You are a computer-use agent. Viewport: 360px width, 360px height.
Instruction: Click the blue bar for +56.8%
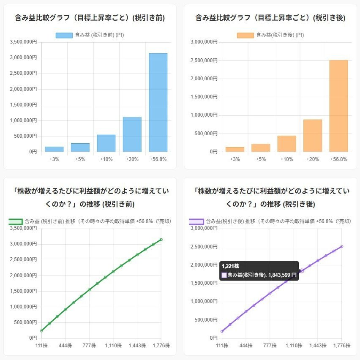158,102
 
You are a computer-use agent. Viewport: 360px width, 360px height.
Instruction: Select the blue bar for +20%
132,134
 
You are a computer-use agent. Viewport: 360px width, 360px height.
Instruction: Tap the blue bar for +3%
54,149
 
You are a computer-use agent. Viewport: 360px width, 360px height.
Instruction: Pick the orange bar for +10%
286,144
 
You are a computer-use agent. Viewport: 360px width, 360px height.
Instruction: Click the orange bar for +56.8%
338,106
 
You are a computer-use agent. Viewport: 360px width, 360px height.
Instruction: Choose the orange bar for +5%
261,148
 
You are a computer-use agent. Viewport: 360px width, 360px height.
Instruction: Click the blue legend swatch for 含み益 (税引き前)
64,35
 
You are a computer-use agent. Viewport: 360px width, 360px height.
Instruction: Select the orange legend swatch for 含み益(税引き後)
245,35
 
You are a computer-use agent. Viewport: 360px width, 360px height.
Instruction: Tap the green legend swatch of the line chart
16,221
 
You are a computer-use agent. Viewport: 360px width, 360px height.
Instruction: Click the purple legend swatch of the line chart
196,221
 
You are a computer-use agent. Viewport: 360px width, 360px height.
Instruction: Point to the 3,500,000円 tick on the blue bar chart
26,42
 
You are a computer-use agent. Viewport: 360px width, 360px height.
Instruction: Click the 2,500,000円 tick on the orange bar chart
204,60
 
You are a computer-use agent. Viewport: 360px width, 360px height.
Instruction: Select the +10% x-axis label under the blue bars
106,159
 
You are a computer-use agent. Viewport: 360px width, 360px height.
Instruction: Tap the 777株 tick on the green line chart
89,346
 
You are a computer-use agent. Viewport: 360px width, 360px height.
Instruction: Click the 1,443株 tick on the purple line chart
318,346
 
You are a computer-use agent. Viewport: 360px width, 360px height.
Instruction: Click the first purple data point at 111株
222,331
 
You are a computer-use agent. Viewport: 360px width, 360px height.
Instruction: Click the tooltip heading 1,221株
230,266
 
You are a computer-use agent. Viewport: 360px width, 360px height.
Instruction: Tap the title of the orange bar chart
270,18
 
